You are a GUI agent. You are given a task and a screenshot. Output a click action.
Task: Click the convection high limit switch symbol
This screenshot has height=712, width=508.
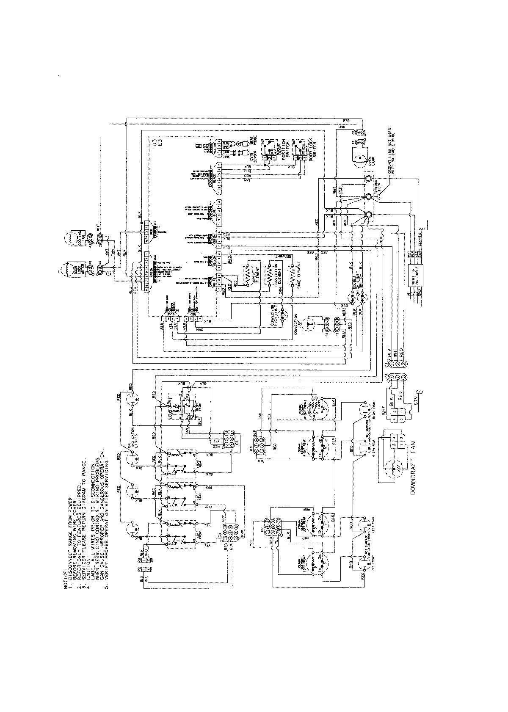(284, 315)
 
